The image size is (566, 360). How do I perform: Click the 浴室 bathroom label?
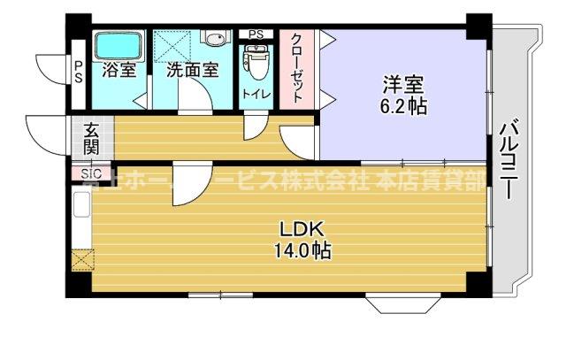[119, 70]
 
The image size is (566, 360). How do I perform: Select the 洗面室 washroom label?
[191, 70]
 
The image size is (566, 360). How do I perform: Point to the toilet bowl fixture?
[256, 60]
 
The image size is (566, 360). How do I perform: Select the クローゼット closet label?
[297, 68]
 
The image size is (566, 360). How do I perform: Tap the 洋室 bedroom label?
[402, 88]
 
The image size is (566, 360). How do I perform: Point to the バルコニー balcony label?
[508, 163]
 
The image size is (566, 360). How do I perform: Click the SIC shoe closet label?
[90, 174]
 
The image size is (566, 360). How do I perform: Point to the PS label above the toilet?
[256, 34]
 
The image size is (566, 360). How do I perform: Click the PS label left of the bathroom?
[79, 71]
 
